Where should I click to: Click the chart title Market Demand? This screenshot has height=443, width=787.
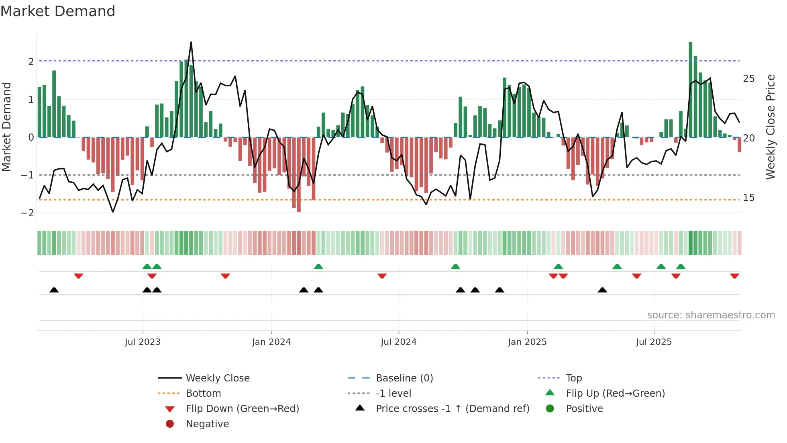point(58,11)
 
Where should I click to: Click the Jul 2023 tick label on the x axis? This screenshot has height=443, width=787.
point(143,342)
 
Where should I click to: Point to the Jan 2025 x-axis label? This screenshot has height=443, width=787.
point(527,342)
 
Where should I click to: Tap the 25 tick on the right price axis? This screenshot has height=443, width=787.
point(748,79)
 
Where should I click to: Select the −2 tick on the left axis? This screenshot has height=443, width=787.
point(28,213)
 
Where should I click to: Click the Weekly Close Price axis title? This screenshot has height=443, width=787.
point(770,127)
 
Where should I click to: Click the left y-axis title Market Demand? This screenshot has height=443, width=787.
point(7,127)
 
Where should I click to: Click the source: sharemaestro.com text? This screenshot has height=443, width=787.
point(711,315)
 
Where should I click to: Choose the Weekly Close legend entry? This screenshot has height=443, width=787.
point(217,378)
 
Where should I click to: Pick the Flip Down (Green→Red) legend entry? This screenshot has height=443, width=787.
point(242,409)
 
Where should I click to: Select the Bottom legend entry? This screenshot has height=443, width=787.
point(203,394)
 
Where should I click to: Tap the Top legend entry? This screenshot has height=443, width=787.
point(574,378)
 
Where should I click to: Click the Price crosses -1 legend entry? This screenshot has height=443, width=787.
point(452,409)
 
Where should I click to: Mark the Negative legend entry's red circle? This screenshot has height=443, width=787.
point(170,424)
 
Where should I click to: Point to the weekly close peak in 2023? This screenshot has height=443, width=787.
point(191,42)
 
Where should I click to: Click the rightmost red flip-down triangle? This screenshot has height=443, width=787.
point(734,276)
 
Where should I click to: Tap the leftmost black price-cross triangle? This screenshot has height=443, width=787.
point(54,290)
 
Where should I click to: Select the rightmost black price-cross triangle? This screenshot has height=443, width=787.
point(602,290)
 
